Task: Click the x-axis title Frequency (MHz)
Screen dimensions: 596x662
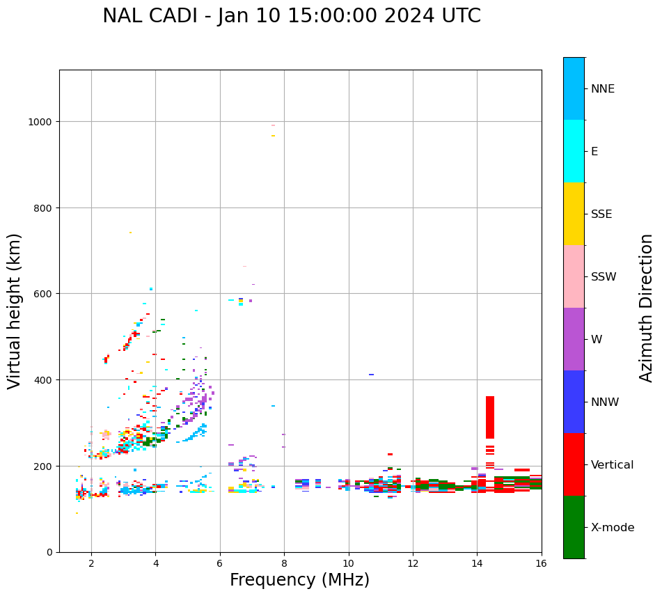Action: [299, 580]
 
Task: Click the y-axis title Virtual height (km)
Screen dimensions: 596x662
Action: [15, 311]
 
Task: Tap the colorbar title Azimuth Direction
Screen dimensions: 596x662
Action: [647, 308]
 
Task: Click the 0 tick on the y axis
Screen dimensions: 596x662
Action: [49, 552]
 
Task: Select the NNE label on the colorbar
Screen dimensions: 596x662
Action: [603, 89]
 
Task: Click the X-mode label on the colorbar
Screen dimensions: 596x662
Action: [613, 528]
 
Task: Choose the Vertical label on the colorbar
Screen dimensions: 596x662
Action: [613, 465]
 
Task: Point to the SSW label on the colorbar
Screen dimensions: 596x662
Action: [604, 277]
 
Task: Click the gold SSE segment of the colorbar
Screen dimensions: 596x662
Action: [574, 214]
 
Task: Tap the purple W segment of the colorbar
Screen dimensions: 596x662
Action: [574, 339]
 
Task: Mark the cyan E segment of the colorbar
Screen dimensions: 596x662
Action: [574, 151]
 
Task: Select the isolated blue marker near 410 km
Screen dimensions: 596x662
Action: [371, 375]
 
